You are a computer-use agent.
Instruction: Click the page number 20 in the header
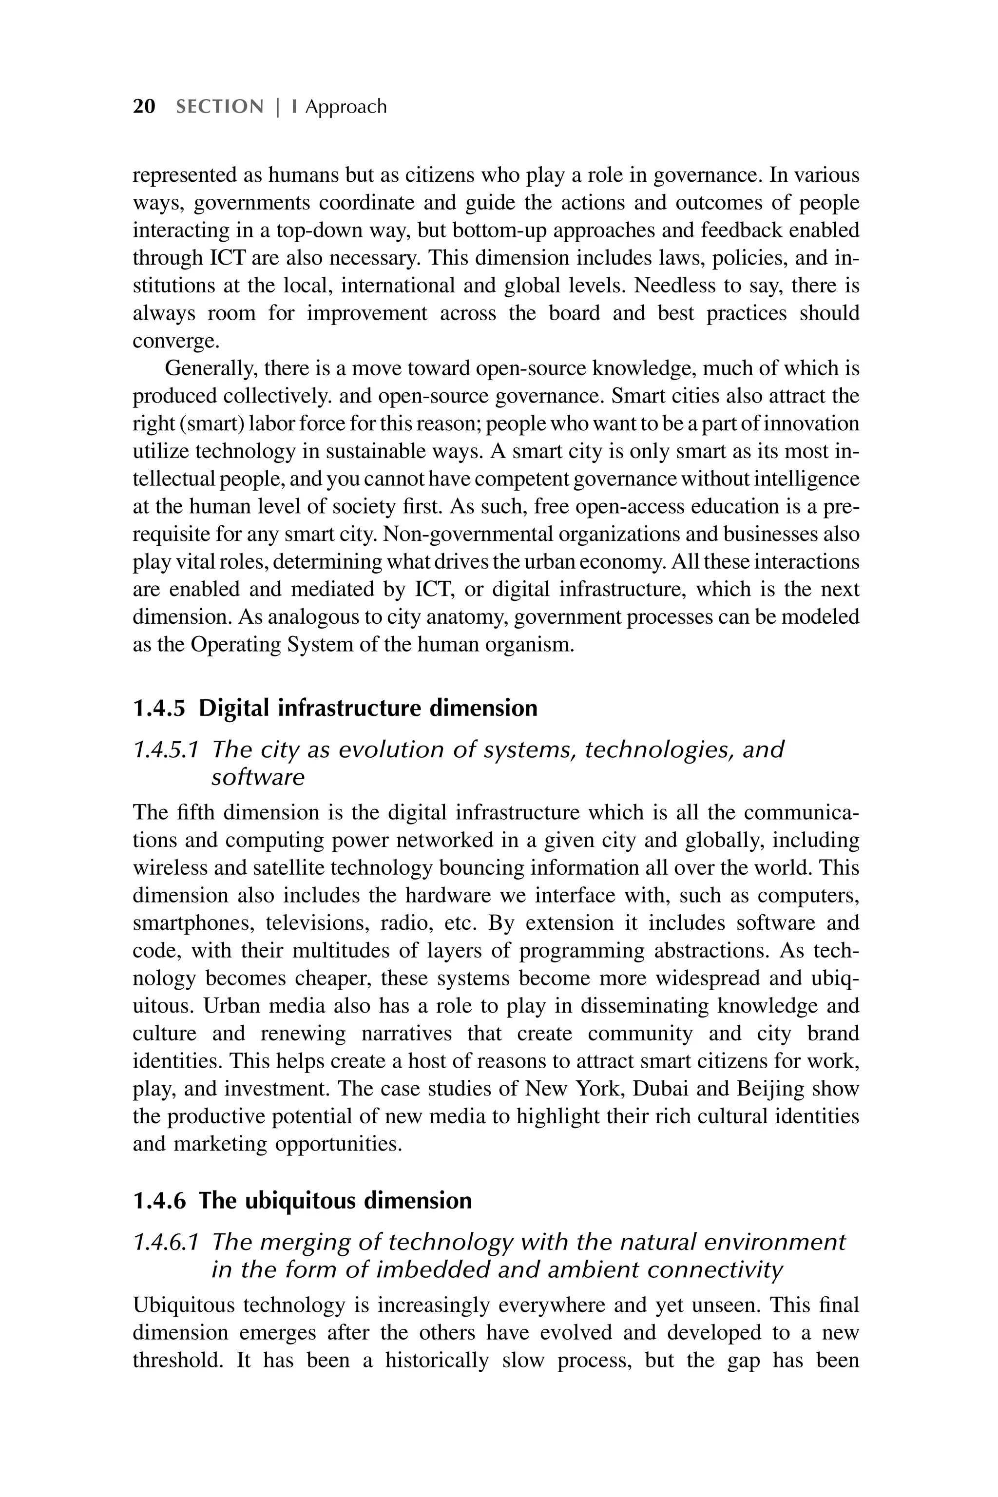pyautogui.click(x=144, y=106)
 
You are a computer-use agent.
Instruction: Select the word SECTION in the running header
pyautogui.click(x=220, y=106)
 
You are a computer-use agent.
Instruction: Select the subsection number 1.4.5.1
pyautogui.click(x=164, y=750)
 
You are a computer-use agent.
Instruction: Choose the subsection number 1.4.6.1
pyautogui.click(x=164, y=1242)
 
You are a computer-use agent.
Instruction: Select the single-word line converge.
pyautogui.click(x=175, y=341)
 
